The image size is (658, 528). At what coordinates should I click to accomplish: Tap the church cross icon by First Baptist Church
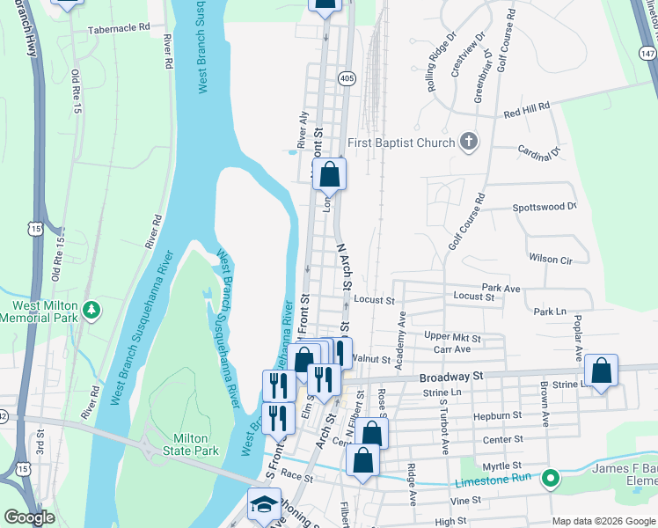[469, 141]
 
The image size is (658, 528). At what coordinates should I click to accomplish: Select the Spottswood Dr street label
[544, 207]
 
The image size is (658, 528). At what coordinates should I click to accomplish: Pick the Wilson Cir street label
[550, 260]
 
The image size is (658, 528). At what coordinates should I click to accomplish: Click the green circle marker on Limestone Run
[551, 480]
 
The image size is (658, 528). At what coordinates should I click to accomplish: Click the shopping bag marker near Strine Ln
[601, 371]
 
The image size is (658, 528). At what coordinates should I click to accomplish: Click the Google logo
[29, 517]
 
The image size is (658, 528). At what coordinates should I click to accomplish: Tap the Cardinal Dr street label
[539, 152]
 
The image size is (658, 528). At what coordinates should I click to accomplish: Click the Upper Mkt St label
[452, 337]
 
